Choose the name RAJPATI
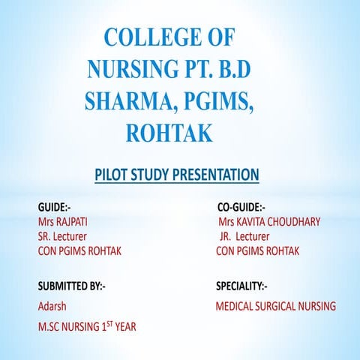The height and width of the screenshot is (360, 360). coord(79,222)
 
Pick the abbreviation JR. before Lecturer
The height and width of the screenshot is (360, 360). coord(227,236)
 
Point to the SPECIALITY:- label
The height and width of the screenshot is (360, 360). coord(241,286)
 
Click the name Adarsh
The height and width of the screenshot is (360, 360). coord(52,306)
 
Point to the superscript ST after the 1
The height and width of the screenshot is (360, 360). coord(113,322)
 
